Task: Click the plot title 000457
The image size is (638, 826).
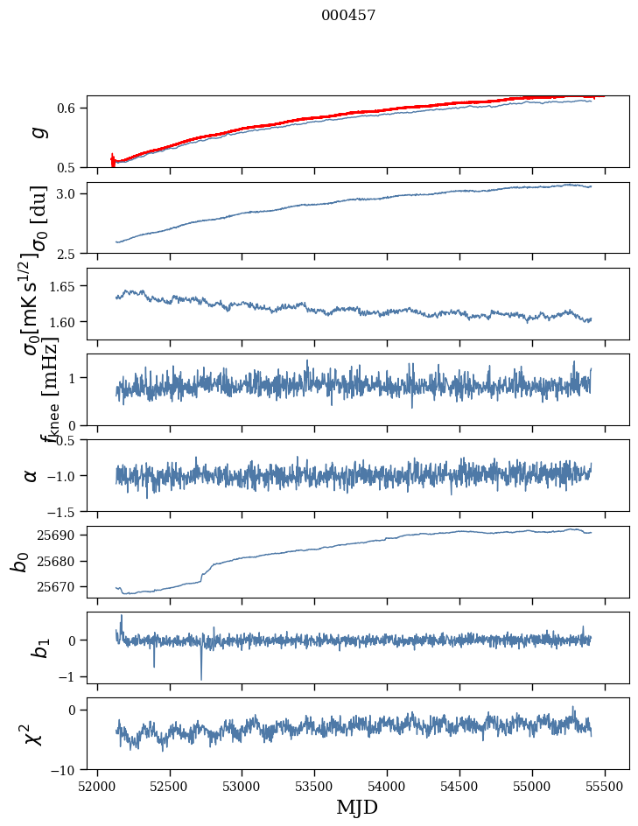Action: tap(348, 15)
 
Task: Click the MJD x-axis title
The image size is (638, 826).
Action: tap(357, 807)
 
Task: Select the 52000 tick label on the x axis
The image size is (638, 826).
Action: tap(97, 786)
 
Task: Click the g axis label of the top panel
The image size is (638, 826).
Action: tap(37, 132)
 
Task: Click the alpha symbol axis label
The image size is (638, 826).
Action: tap(31, 475)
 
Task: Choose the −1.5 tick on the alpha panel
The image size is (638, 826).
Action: tap(65, 511)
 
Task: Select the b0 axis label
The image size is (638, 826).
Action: tap(19, 561)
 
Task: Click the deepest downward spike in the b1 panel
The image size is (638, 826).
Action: tap(201, 678)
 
